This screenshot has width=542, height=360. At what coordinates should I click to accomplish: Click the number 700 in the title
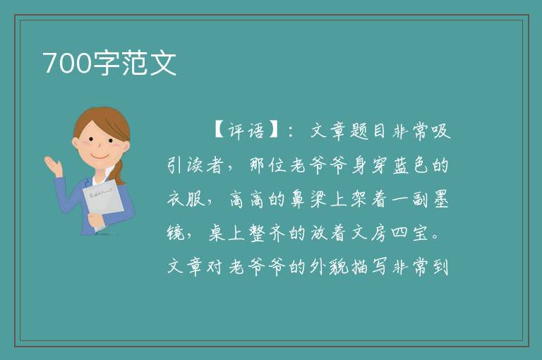[67, 63]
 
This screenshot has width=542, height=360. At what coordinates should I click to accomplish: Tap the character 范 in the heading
[135, 63]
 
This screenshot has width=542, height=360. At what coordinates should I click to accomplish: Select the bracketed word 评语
[246, 131]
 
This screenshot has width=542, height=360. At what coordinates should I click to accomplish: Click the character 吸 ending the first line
[441, 131]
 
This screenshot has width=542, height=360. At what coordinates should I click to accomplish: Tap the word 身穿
[370, 165]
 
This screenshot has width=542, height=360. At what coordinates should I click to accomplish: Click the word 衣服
[186, 199]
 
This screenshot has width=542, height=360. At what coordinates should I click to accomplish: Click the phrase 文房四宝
[390, 233]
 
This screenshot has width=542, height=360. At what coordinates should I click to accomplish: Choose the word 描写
[370, 267]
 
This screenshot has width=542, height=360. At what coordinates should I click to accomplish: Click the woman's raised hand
[53, 165]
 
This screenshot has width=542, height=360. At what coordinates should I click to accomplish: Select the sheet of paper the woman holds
[103, 203]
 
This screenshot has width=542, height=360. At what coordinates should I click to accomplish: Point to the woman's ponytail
[119, 172]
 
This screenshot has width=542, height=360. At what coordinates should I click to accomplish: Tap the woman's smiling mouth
[100, 156]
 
